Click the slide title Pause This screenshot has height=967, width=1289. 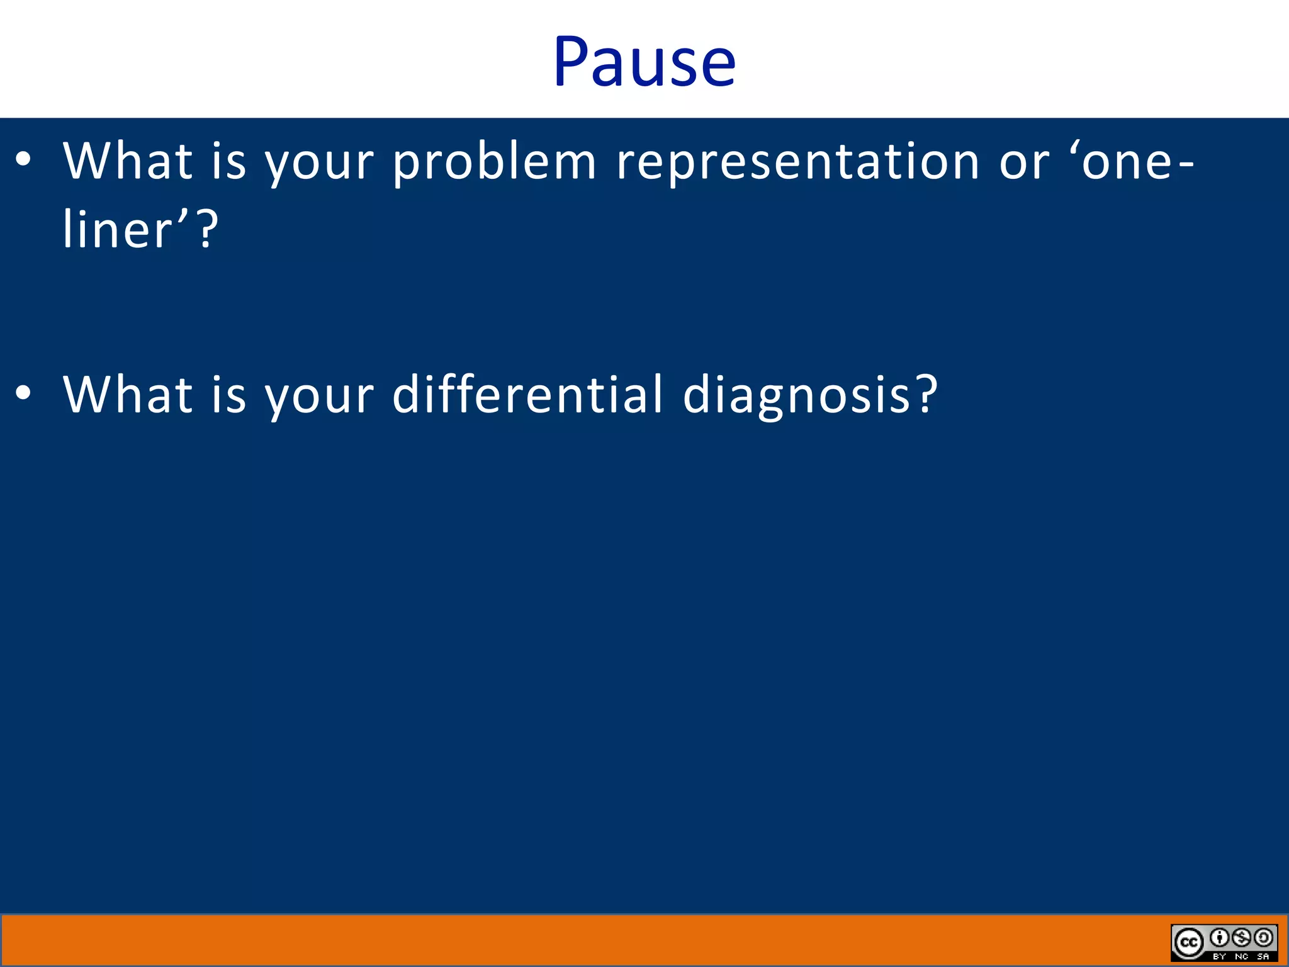[644, 62]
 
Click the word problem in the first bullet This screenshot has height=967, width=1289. [495, 162]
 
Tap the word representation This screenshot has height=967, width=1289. [797, 162]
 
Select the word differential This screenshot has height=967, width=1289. [527, 395]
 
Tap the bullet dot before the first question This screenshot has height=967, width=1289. [23, 160]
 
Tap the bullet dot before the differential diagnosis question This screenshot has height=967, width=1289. [23, 393]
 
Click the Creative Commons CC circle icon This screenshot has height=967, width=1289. [1188, 942]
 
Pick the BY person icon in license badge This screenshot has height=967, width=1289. [1220, 938]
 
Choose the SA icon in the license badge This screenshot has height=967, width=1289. [1263, 938]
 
